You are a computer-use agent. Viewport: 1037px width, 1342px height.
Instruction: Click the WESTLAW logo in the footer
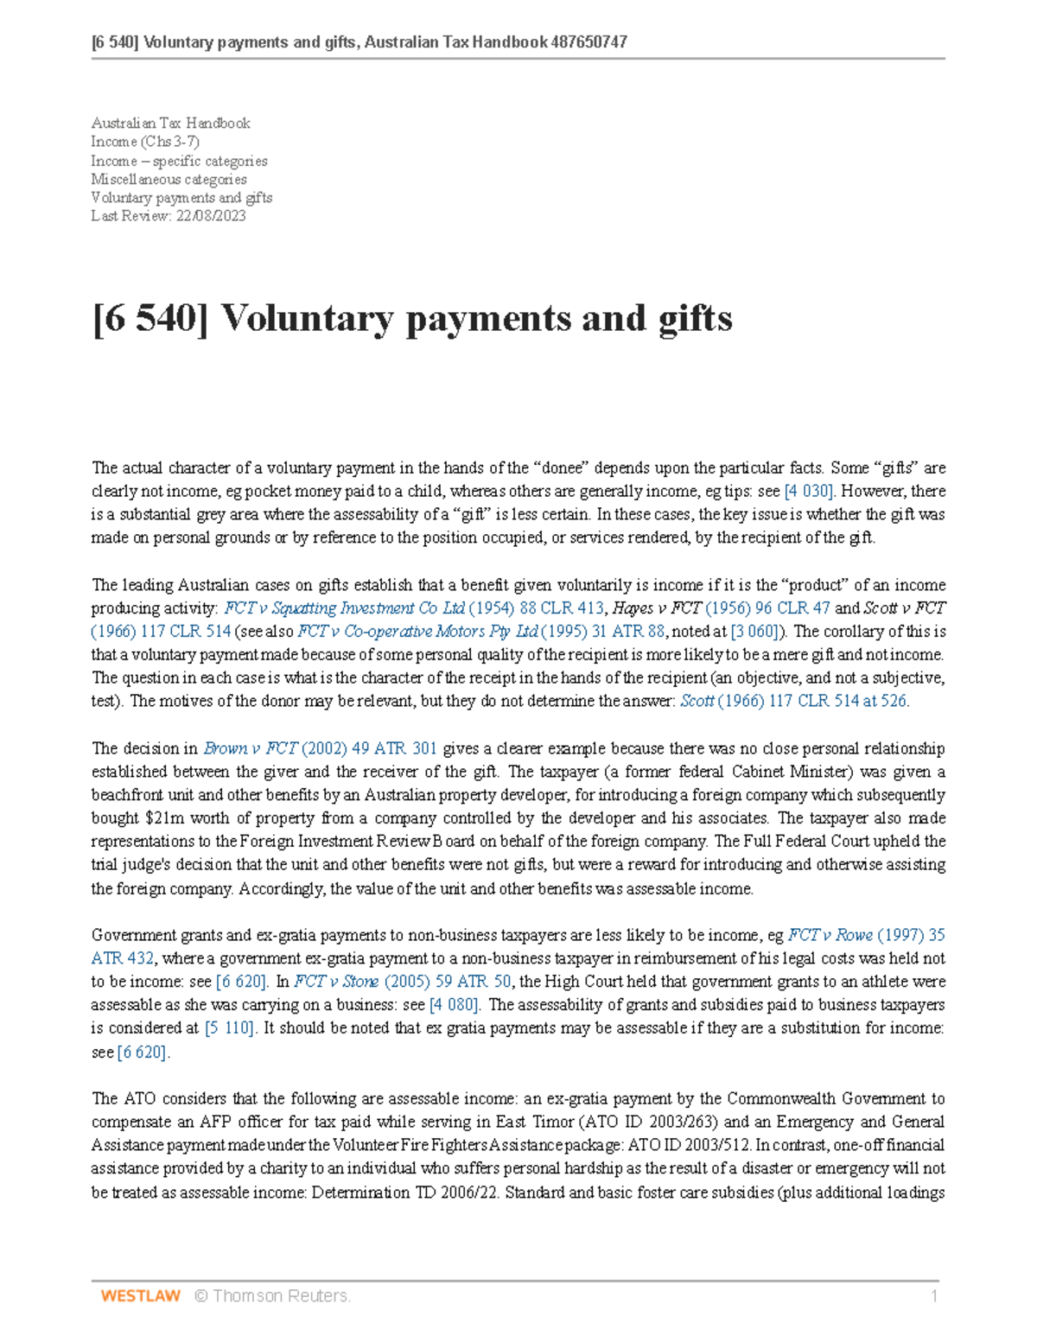pos(140,1295)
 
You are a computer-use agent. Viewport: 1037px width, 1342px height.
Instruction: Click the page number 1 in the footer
pos(934,1295)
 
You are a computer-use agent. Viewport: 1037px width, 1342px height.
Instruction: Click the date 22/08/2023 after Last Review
pos(211,216)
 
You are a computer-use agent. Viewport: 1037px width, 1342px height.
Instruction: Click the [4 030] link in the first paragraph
pos(809,492)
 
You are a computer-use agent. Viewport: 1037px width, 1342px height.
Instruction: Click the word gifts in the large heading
pos(695,318)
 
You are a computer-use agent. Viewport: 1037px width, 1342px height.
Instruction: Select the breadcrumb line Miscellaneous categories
pos(169,180)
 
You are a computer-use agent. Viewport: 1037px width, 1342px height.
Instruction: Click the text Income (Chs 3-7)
pos(144,142)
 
